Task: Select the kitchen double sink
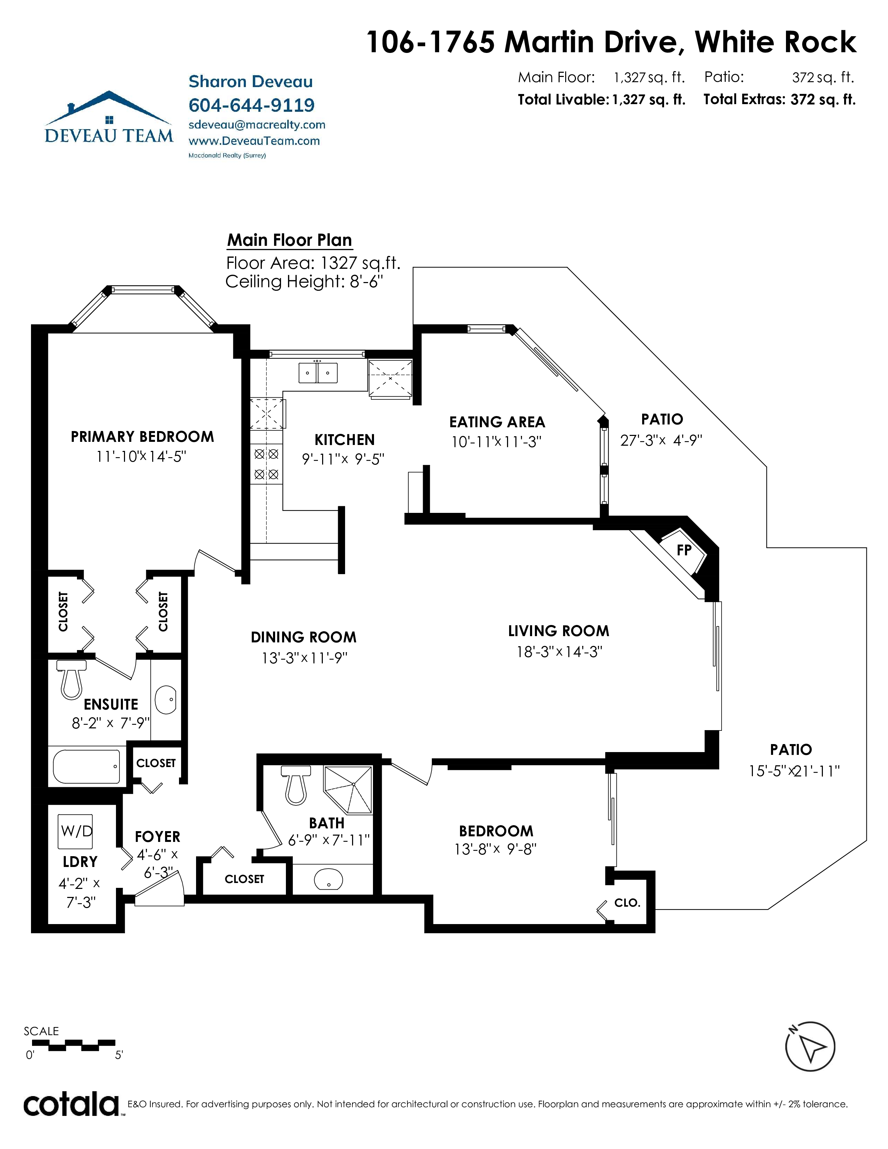pyautogui.click(x=318, y=373)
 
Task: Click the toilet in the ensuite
pyautogui.click(x=71, y=680)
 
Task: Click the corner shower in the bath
pyautogui.click(x=348, y=789)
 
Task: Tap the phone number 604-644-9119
pyautogui.click(x=251, y=105)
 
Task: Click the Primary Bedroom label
pyautogui.click(x=142, y=437)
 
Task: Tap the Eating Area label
pyautogui.click(x=497, y=422)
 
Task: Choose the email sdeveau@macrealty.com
pyautogui.click(x=257, y=125)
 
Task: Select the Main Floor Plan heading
pyautogui.click(x=289, y=240)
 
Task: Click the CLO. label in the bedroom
pyautogui.click(x=627, y=903)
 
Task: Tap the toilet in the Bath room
pyautogui.click(x=296, y=785)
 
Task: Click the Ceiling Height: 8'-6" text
pyautogui.click(x=304, y=281)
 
